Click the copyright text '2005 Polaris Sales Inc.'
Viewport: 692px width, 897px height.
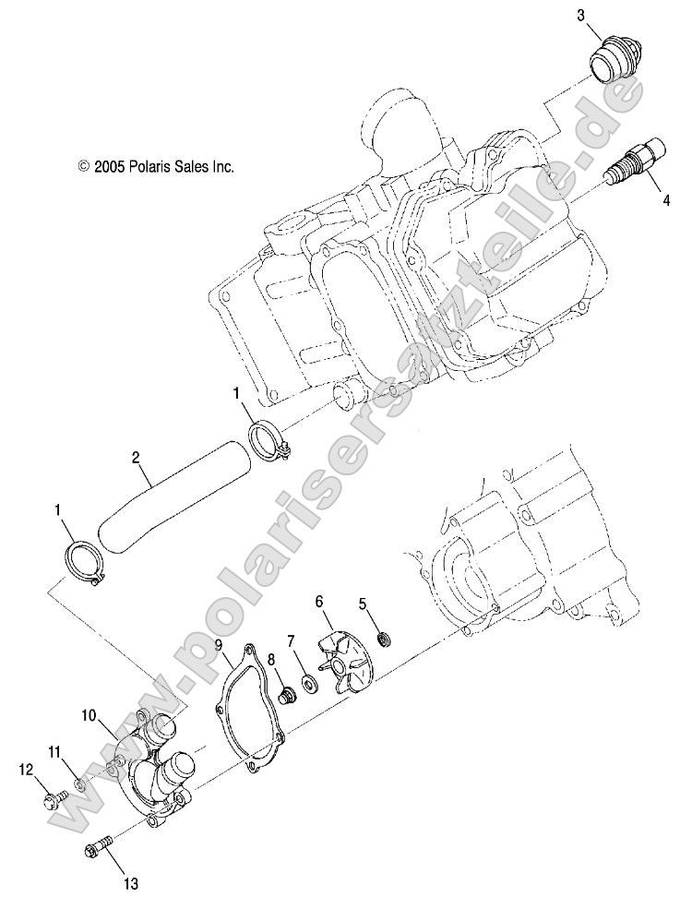point(156,167)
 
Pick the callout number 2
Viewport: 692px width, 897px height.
point(136,457)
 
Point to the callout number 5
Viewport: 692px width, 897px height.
point(363,604)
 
